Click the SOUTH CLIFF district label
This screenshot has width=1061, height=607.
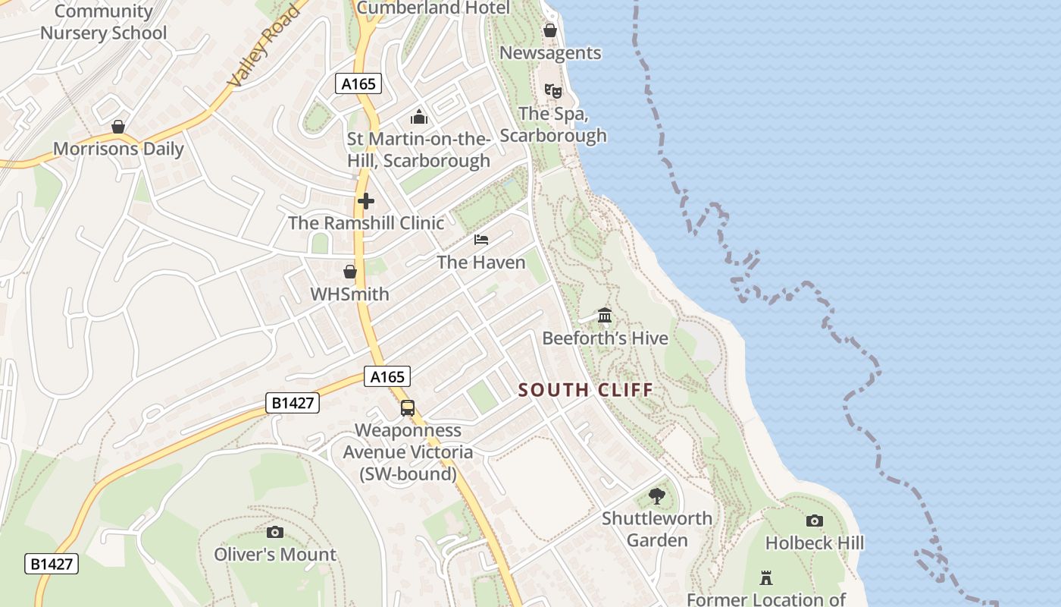(x=585, y=390)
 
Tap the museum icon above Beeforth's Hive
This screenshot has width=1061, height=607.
(x=605, y=315)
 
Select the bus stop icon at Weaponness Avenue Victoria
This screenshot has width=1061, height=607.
(x=408, y=408)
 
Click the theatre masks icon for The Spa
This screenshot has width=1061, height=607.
(x=553, y=91)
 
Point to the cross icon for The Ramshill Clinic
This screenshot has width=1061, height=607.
(x=366, y=201)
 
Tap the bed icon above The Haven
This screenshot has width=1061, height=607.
(x=481, y=240)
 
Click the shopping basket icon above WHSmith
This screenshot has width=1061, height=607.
(x=350, y=272)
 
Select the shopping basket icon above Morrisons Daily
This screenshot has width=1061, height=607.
(x=118, y=127)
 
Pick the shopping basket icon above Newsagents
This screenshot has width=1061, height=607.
(x=550, y=30)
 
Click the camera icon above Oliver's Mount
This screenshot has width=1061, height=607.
(x=275, y=532)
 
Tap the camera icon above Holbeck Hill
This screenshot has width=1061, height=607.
(x=815, y=521)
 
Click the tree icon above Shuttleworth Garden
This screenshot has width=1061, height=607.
(x=657, y=496)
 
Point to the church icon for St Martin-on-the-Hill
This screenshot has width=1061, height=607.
(x=418, y=117)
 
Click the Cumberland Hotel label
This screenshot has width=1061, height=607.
(x=433, y=8)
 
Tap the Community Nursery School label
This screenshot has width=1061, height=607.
(x=103, y=22)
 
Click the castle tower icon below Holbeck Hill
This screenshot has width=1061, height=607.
(x=766, y=578)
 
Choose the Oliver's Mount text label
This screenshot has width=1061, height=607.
(x=275, y=555)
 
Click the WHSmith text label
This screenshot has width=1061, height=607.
(x=350, y=294)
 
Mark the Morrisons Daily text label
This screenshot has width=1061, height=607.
(x=118, y=149)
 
